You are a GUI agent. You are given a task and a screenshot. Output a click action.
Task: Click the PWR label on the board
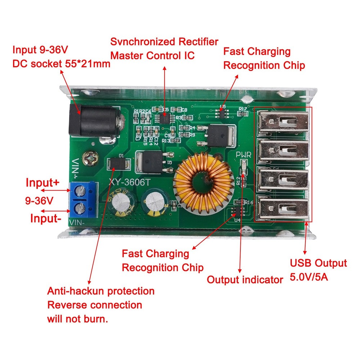point(243,154)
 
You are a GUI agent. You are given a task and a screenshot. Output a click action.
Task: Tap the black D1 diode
point(117,164)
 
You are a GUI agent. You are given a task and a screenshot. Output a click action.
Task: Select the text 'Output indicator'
point(245,280)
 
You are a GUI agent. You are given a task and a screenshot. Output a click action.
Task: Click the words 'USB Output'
point(318,263)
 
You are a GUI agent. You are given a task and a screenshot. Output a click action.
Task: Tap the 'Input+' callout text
point(42,183)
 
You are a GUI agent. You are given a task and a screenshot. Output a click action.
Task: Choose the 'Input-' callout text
point(44,218)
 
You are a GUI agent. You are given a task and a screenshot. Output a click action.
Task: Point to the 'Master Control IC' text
point(152,56)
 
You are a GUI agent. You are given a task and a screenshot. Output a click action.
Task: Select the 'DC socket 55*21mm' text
point(61,64)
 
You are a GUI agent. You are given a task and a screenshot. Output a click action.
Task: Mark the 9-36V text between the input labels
point(39,200)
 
